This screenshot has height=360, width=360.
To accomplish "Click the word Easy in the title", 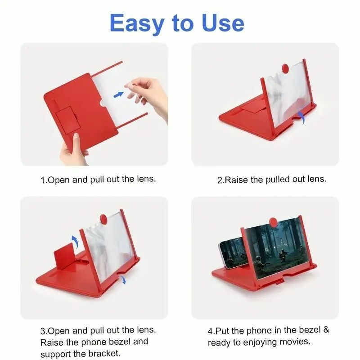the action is coord(137,24).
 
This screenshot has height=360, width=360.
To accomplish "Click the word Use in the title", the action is coord(222,23).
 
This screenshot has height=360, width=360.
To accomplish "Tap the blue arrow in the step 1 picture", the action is coord(118,94).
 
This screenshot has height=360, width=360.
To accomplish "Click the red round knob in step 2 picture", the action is coord(285,68).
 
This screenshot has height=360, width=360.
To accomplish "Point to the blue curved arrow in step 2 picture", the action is coord(301,117).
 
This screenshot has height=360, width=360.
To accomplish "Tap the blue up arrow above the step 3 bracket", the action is coord(75,241).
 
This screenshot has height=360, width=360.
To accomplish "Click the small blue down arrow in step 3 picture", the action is coord(123,280).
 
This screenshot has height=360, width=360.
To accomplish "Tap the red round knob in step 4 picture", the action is coord(273,222).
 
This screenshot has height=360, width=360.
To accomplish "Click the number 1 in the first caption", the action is coord(43,180).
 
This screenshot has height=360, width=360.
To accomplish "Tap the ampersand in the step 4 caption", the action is coord(326,330).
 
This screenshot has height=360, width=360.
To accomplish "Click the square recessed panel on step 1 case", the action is coord(68,119).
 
